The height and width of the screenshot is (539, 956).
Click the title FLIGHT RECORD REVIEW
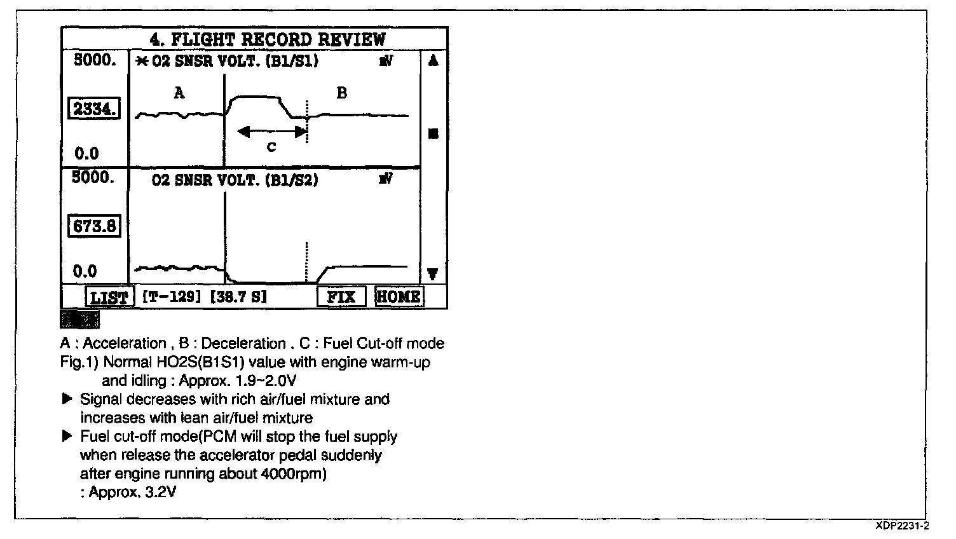pyautogui.click(x=268, y=39)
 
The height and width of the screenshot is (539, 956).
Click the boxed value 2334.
pyautogui.click(x=94, y=109)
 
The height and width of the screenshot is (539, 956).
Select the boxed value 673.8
pyautogui.click(x=94, y=226)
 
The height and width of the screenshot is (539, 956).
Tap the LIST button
pyautogui.click(x=109, y=297)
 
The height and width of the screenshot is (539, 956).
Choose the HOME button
pyautogui.click(x=399, y=296)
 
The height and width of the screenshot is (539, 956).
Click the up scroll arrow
pyautogui.click(x=434, y=61)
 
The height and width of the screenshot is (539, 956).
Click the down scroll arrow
pyautogui.click(x=434, y=274)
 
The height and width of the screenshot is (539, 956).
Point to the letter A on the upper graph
pyautogui.click(x=179, y=93)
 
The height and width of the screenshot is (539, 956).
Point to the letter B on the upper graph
pyautogui.click(x=341, y=93)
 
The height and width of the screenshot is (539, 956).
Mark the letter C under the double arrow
pyautogui.click(x=271, y=147)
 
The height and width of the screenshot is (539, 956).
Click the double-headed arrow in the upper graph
pyautogui.click(x=271, y=132)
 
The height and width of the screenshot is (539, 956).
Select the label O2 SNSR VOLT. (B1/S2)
pyautogui.click(x=235, y=180)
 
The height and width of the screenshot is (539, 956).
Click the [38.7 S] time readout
pyautogui.click(x=238, y=297)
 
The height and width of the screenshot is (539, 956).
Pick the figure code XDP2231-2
pyautogui.click(x=902, y=526)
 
